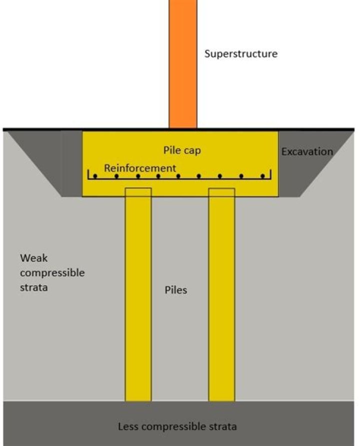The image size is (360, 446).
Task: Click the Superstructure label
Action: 241,54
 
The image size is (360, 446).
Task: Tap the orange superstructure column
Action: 183,64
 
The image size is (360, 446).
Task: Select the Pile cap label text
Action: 182,150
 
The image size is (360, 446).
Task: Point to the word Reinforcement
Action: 140,168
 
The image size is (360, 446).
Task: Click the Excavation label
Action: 307,152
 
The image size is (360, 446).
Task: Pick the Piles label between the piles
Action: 175,290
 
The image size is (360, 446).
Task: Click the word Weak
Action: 33,258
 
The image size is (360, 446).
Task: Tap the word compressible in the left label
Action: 52,273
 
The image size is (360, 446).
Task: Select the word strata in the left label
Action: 33,288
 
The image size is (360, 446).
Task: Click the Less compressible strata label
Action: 177,427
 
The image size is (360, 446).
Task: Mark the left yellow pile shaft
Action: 138,294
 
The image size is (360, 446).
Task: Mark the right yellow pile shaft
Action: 221,294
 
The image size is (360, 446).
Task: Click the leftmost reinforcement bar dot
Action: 95,176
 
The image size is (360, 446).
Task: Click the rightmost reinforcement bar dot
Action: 262,176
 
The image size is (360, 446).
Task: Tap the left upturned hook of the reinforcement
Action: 88,174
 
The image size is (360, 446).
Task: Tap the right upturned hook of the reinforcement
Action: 270,174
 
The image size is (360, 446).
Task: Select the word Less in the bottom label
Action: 128,426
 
